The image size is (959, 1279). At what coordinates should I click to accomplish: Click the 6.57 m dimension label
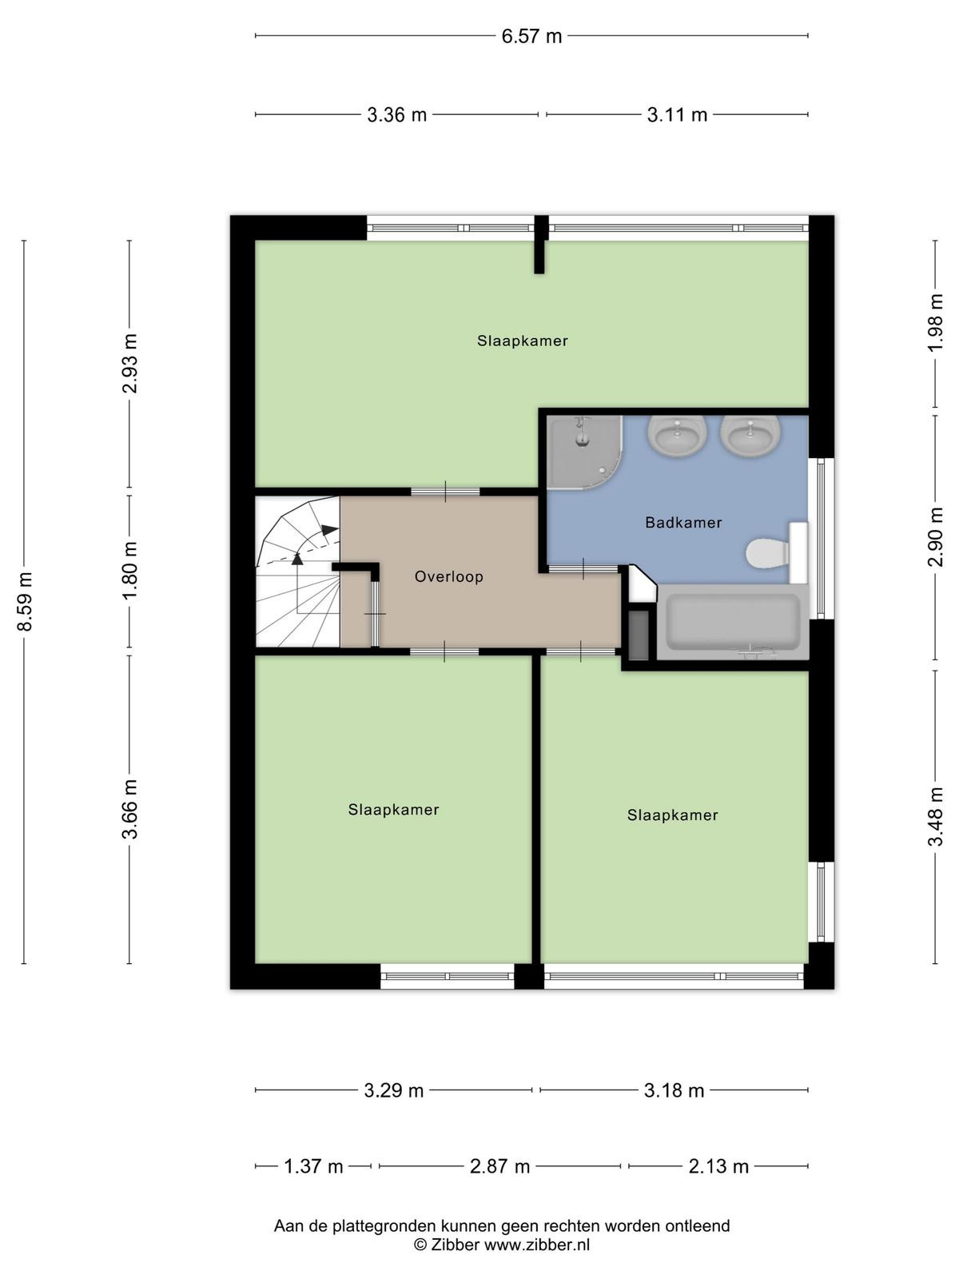(531, 36)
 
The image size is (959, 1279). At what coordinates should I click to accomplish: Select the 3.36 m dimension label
(396, 115)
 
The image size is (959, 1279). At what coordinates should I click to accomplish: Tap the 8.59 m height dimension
(25, 601)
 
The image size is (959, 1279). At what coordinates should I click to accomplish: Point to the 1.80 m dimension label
(129, 571)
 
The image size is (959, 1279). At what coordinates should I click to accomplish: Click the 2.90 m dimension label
(935, 537)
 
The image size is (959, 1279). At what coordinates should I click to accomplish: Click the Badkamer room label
(683, 523)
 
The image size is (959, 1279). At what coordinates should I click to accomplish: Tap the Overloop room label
(449, 577)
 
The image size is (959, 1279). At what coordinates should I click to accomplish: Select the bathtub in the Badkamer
(733, 622)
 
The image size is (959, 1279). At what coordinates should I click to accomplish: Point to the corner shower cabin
(585, 452)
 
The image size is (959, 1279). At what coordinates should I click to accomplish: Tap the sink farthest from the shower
(750, 436)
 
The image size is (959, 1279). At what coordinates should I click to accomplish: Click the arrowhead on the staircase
(329, 530)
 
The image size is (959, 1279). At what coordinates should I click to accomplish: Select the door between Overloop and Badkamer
(583, 569)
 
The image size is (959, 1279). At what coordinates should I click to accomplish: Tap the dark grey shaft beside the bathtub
(639, 636)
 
